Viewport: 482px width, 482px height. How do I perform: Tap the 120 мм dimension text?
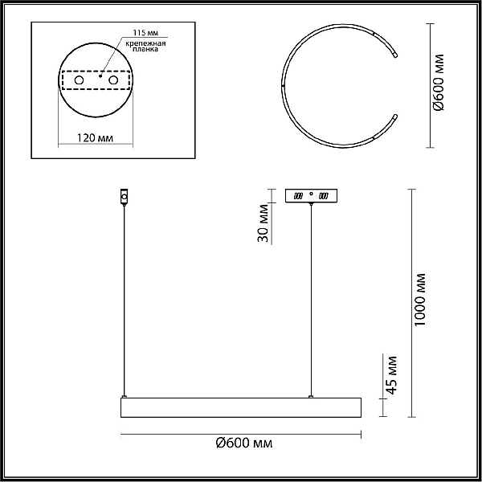pos(95,138)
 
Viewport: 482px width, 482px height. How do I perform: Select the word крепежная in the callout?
pos(145,43)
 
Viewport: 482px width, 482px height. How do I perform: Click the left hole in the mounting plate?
pos(79,80)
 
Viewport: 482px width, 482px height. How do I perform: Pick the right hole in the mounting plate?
pos(113,80)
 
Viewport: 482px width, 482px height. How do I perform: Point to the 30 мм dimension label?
pos(263,223)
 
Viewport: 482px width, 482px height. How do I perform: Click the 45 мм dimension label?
pos(391,375)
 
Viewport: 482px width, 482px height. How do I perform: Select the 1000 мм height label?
pos(419,300)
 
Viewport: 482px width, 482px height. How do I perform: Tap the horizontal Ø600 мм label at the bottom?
pos(244,443)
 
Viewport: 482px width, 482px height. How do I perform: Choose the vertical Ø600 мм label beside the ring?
pos(438,83)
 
